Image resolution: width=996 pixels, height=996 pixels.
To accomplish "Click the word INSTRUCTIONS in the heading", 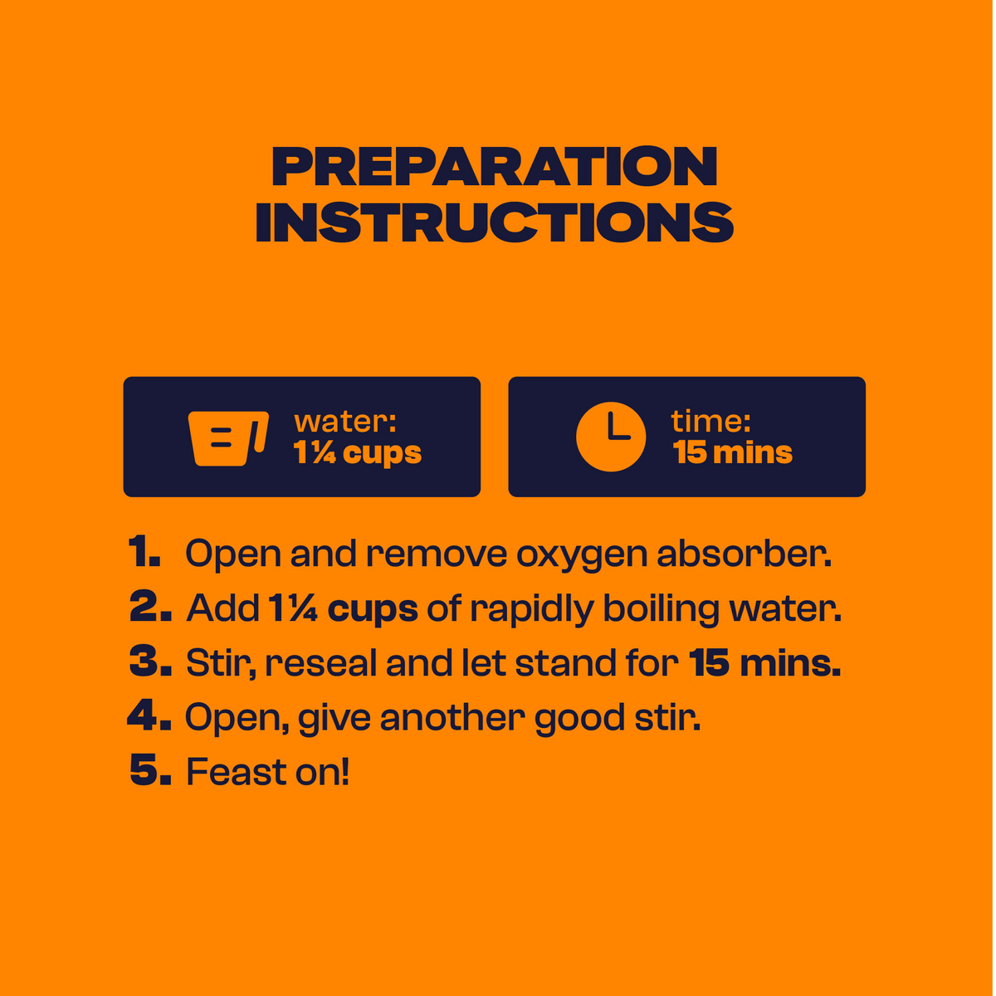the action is [x=495, y=222].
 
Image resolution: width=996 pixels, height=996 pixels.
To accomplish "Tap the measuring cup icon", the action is [x=228, y=438].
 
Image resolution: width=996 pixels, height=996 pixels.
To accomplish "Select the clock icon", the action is [x=611, y=437].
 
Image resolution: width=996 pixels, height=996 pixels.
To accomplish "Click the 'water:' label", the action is [x=344, y=422].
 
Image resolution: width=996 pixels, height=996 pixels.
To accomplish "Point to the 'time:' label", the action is [x=710, y=422].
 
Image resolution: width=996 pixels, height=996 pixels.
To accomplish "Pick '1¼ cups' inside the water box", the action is [x=357, y=453].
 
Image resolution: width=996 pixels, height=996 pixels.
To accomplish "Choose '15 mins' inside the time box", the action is [x=732, y=452].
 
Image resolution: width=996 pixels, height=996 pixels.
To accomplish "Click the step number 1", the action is [x=144, y=551].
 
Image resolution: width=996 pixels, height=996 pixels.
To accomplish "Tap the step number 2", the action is [x=150, y=606].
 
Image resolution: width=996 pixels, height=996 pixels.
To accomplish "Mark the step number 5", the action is [x=150, y=770].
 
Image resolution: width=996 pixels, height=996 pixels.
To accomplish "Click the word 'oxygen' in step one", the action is [x=582, y=555].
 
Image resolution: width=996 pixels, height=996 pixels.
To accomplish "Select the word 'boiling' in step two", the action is [x=661, y=609].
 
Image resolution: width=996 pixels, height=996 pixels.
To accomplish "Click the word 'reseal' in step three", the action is [x=320, y=662].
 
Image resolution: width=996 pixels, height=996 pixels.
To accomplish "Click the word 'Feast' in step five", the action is [x=236, y=772].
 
